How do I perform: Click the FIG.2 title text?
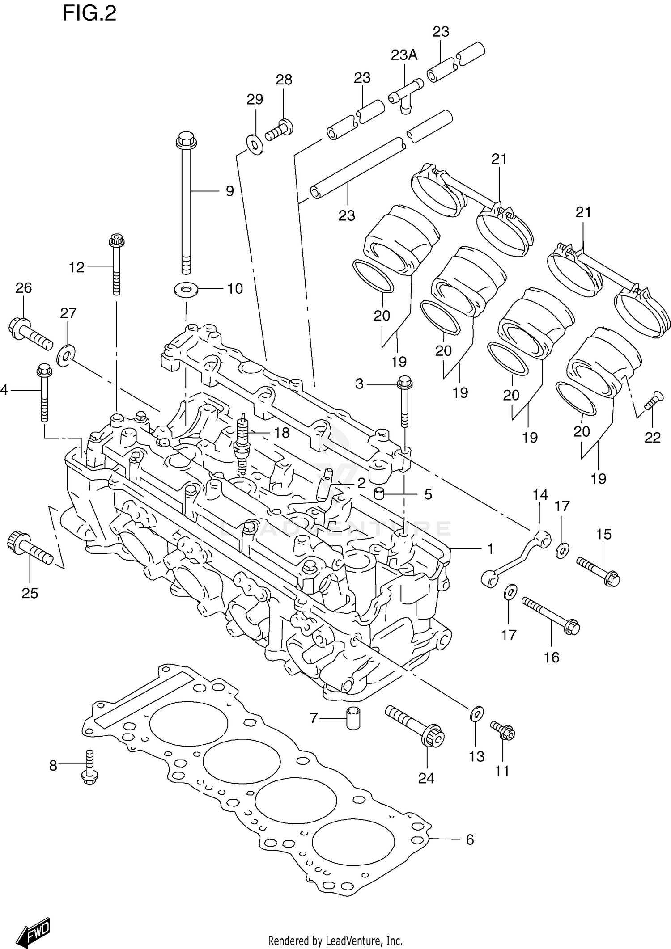pos(89,13)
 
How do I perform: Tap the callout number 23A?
pos(403,55)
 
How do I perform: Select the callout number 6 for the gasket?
pos(469,839)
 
